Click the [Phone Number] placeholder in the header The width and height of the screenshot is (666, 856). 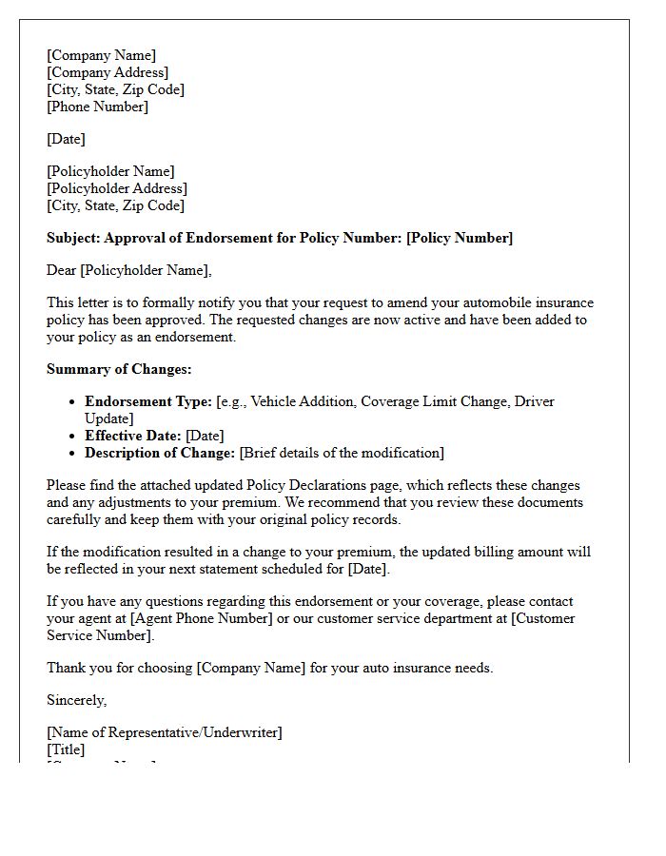coord(97,107)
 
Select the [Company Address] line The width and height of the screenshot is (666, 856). coord(108,72)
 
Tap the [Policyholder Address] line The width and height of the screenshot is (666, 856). coord(117,188)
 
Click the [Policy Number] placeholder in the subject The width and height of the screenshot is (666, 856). coord(460,238)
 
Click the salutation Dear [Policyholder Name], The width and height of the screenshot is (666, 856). coord(129,270)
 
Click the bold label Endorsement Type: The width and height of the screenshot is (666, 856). coord(148,401)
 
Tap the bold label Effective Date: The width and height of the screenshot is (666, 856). coord(133,436)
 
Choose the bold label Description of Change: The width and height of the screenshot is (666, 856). coord(160,453)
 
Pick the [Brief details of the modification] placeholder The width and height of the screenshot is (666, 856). coord(342,453)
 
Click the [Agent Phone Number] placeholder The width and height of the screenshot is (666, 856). coord(202,618)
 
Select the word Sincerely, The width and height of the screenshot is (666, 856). coord(77,700)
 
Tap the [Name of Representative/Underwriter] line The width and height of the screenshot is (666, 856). coord(165,732)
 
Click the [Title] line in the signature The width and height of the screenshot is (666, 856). coord(66,749)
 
